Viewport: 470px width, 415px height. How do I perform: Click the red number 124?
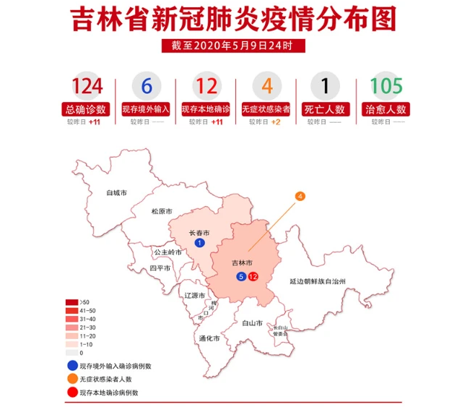point(87,87)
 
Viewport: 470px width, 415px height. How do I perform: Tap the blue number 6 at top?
point(147,87)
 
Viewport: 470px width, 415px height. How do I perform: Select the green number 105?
point(386,87)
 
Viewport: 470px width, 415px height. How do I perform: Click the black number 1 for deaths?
point(325,87)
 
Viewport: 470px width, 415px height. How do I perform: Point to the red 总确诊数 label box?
point(87,110)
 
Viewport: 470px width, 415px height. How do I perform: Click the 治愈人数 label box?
point(386,110)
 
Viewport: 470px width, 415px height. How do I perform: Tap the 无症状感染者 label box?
point(266,110)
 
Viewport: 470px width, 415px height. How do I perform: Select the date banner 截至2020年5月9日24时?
point(235,46)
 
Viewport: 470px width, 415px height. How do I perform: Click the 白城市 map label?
point(116,193)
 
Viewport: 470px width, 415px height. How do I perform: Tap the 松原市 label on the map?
point(162,212)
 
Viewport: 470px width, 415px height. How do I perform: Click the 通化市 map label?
point(209,338)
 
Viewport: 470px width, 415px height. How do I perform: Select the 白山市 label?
point(252,322)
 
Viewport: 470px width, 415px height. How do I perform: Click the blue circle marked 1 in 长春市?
point(199,243)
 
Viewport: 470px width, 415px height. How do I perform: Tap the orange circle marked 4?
point(300,196)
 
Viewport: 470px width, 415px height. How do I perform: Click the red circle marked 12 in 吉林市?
point(252,277)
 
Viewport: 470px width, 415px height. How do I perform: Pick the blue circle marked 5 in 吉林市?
point(240,277)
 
